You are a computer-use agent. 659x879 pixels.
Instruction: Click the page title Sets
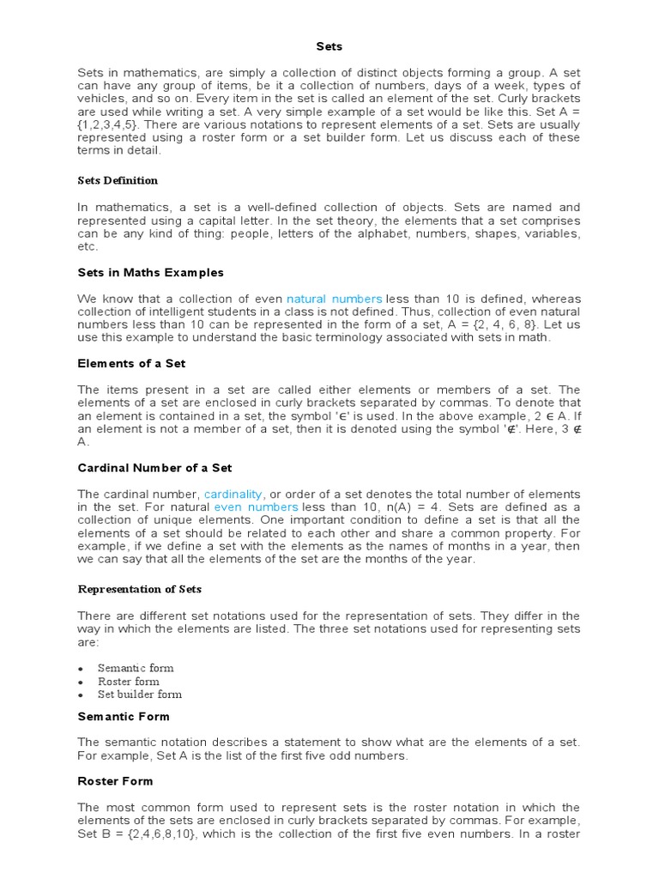329,46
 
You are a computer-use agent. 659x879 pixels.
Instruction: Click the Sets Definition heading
118,180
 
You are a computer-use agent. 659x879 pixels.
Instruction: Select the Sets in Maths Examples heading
150,272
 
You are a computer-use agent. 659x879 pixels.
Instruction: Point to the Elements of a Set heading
131,364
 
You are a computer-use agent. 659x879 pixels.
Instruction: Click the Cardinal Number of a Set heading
154,468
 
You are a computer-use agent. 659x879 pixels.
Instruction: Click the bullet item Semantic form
135,668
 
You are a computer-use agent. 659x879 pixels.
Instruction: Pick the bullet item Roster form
128,682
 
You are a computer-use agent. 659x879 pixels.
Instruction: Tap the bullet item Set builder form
139,694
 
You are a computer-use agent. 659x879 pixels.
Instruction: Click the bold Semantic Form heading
124,716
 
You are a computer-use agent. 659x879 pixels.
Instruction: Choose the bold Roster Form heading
115,781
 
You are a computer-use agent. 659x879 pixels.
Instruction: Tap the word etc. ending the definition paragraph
88,246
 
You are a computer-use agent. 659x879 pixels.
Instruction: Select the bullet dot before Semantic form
81,669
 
